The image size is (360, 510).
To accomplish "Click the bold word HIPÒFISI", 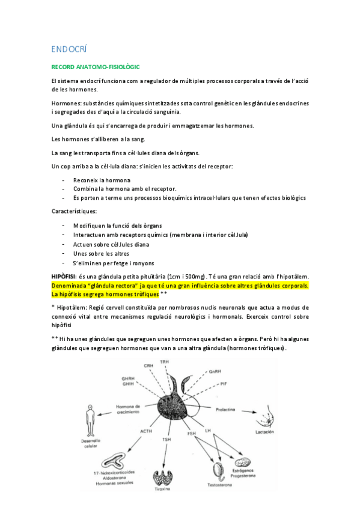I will click(x=65, y=275).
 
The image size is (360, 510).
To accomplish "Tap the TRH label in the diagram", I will click(x=165, y=362).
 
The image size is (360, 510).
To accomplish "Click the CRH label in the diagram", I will click(x=148, y=366).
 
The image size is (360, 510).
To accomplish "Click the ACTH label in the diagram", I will click(x=146, y=431).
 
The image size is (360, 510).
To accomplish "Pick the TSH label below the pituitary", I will click(x=167, y=440).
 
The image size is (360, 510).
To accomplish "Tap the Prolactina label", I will click(x=227, y=409).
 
